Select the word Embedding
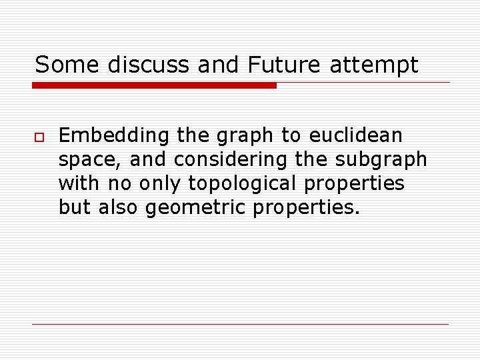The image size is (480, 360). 114,136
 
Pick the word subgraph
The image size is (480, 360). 381,160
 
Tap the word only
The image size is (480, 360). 159,184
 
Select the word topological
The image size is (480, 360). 243,184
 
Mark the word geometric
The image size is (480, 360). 196,208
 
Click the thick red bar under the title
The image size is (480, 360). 154,85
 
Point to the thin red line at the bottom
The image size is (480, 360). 240,324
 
